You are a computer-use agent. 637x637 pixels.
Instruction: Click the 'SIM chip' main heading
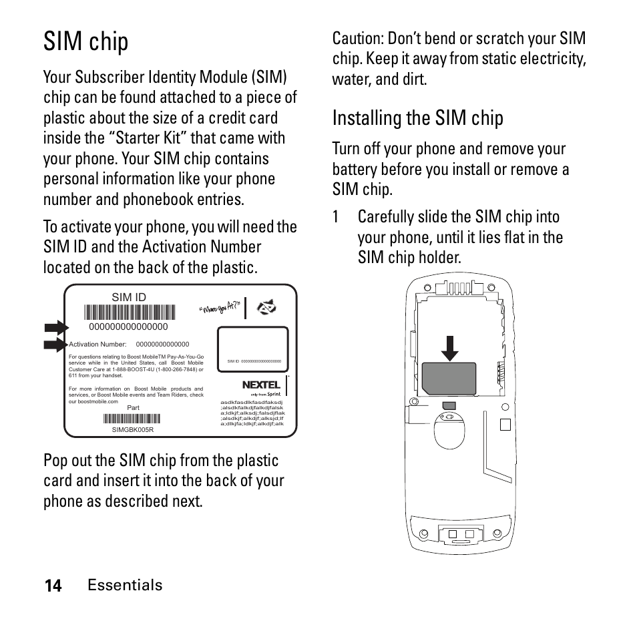(86, 41)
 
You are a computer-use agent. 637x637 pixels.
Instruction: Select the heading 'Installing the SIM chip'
(417, 118)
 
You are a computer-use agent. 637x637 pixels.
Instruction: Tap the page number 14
(53, 586)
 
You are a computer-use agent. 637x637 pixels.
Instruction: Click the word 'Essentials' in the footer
(125, 585)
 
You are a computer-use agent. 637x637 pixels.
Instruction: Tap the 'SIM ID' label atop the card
(128, 297)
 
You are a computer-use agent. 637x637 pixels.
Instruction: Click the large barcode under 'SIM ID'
(130, 312)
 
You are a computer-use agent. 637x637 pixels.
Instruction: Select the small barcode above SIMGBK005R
(132, 419)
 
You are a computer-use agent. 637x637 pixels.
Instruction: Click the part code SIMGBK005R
(132, 429)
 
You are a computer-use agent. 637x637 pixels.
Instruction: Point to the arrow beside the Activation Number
(56, 345)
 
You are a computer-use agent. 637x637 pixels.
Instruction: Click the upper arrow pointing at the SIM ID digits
(56, 327)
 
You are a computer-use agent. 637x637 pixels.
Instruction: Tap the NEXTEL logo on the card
(261, 385)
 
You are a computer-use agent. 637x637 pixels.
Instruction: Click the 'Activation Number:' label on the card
(97, 345)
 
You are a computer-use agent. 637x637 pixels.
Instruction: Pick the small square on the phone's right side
(505, 425)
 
